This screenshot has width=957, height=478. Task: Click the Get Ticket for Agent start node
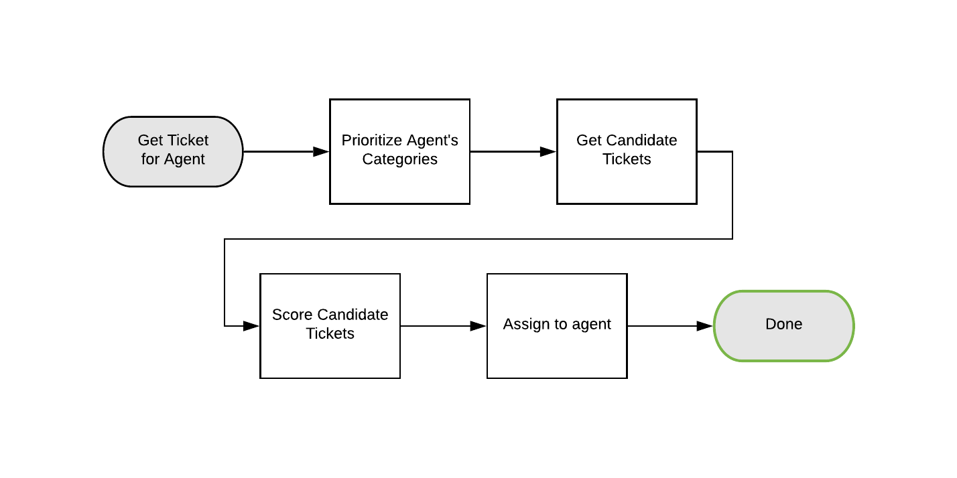click(173, 151)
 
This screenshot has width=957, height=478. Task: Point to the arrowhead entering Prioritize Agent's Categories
click(322, 152)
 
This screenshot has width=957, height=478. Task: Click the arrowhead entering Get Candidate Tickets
click(549, 152)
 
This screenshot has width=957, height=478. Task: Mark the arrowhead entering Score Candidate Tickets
click(252, 326)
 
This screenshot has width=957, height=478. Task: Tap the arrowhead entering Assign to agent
click(478, 326)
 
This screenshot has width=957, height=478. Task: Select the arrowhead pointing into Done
click(705, 326)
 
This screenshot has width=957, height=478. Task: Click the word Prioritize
click(370, 141)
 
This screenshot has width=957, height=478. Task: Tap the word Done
click(783, 325)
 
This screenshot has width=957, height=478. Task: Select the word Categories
click(399, 159)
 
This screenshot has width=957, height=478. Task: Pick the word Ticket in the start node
click(188, 141)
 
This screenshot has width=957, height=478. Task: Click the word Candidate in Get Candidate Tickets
click(641, 141)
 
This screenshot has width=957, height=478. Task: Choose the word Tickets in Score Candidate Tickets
click(330, 333)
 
